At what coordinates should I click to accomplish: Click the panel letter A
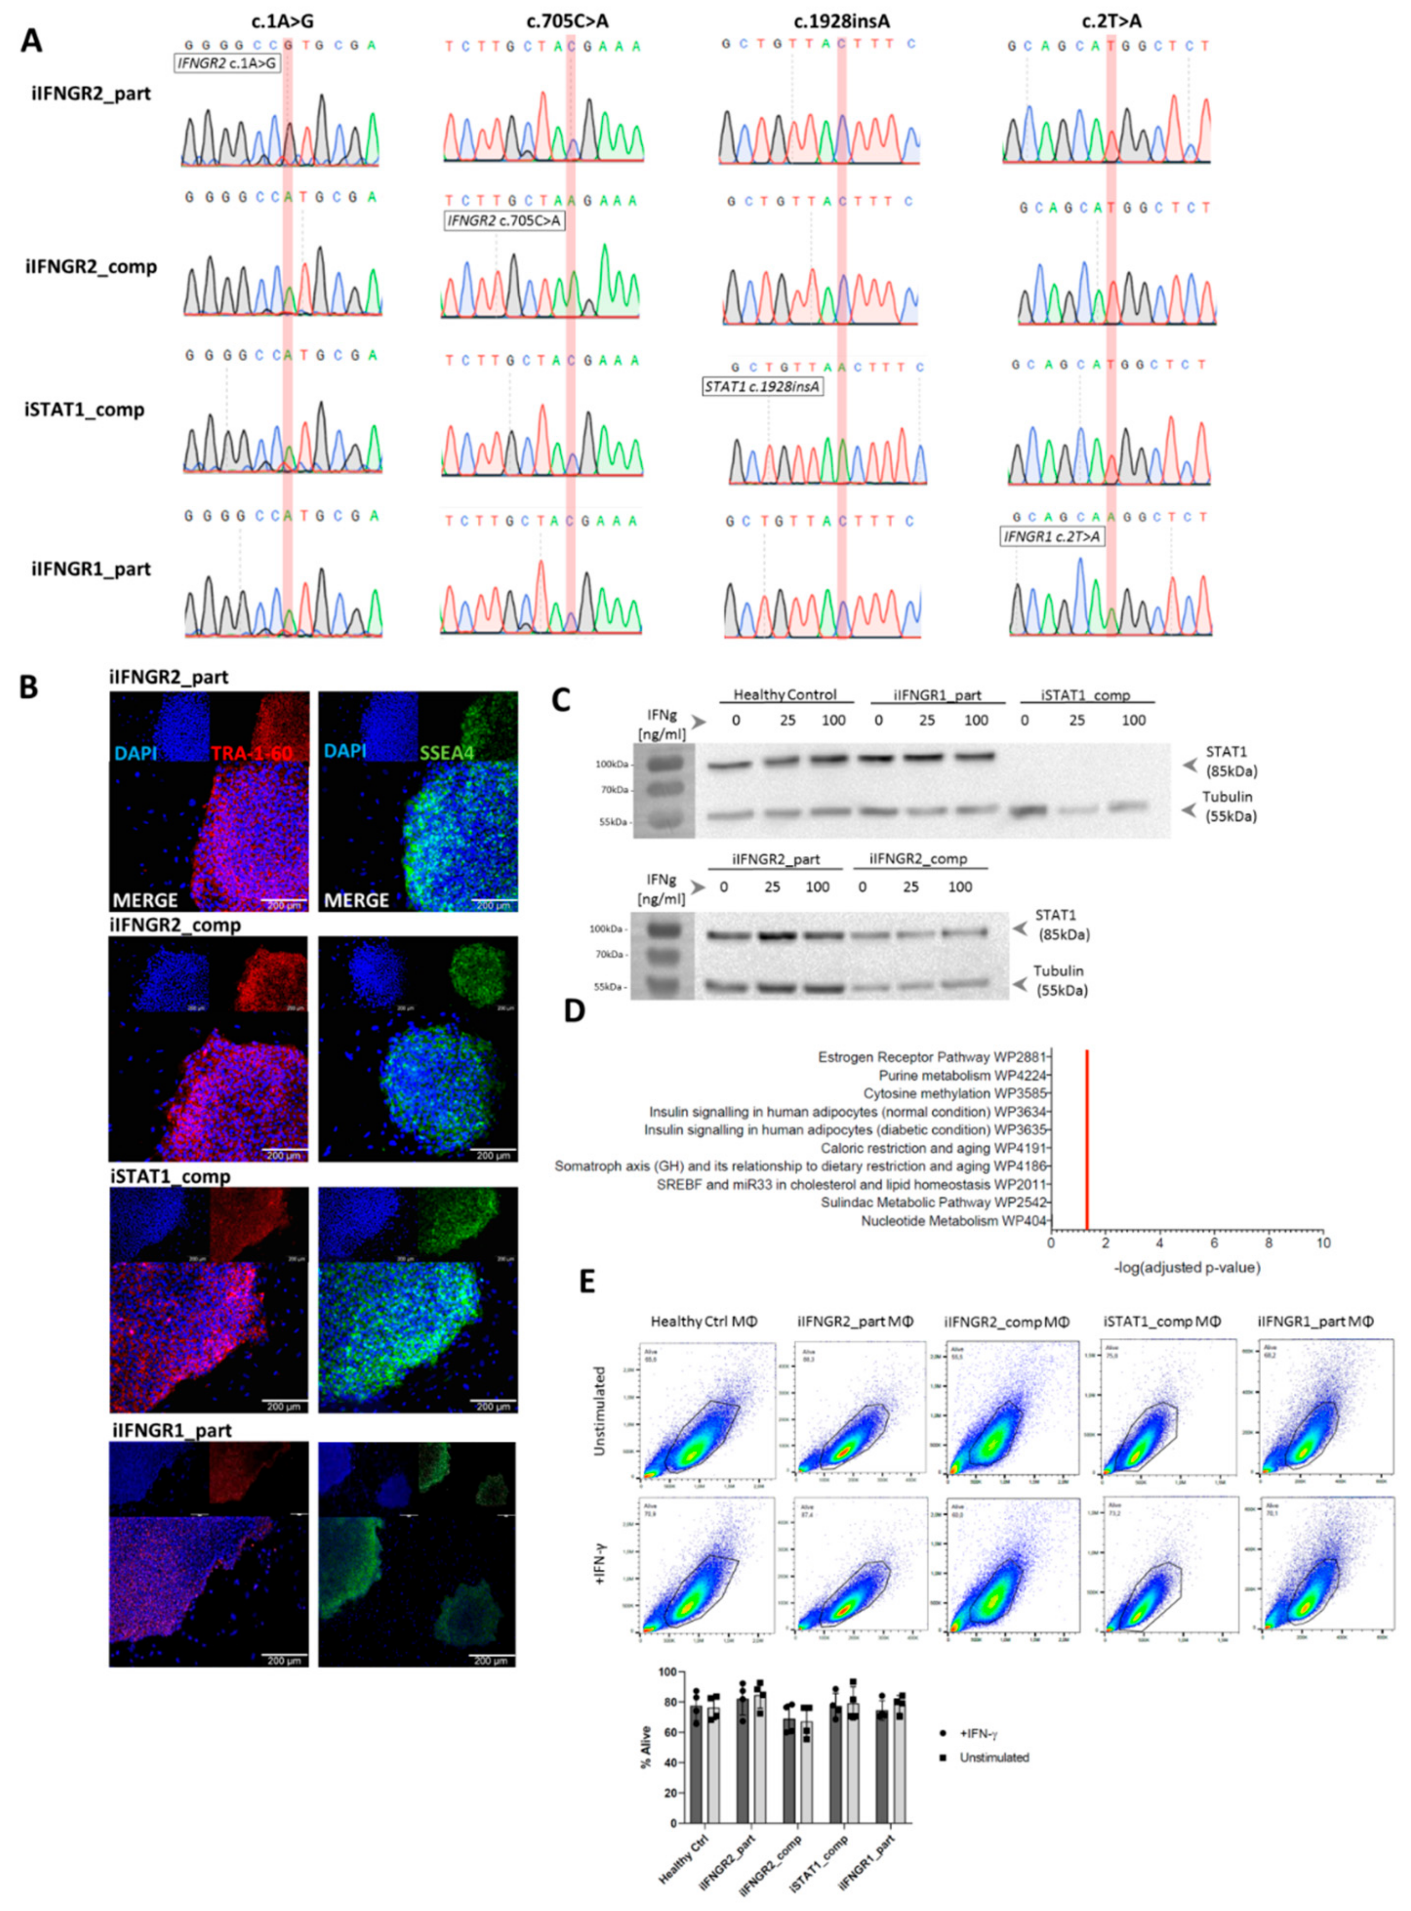pos(32,39)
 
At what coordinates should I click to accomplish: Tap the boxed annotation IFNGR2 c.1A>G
pos(227,62)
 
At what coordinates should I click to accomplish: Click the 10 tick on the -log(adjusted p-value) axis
pos(1323,1243)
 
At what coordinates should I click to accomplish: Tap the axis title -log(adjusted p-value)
pos(1186,1268)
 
